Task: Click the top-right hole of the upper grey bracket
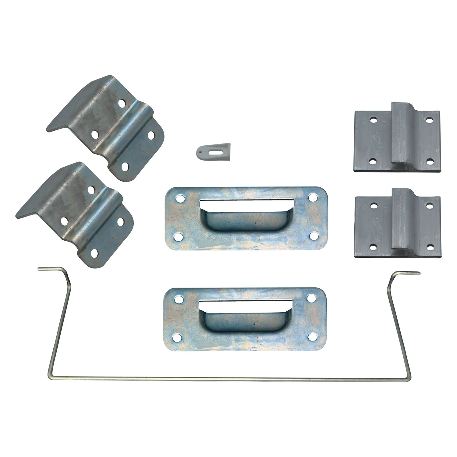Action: pos(429,120)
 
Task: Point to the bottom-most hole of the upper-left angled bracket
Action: pos(125,166)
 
